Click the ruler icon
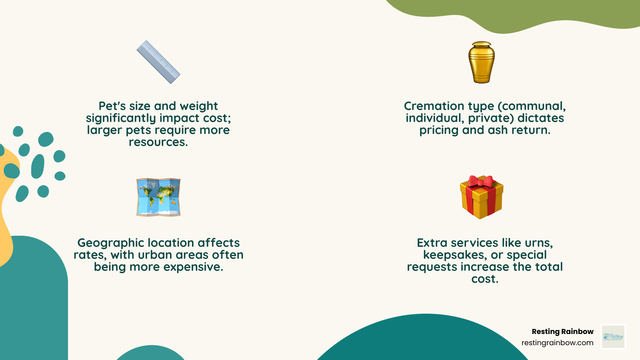(158, 62)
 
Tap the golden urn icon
(482, 63)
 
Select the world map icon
(158, 197)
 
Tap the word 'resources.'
(158, 142)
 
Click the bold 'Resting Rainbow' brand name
(562, 332)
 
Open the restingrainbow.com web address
(557, 343)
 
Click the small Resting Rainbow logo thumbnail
(613, 336)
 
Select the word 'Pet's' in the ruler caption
(112, 106)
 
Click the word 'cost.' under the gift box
(485, 279)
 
